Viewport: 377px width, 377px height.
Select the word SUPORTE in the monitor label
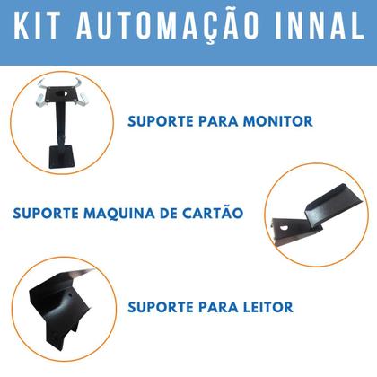(158, 119)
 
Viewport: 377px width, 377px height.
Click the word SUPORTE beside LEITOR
(158, 306)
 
